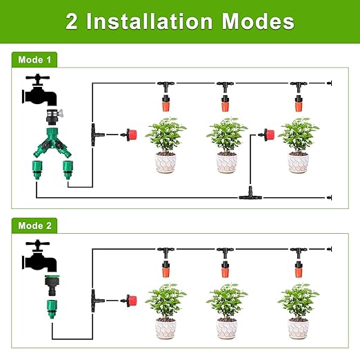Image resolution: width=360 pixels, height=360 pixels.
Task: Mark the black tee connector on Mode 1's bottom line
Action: [249, 197]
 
